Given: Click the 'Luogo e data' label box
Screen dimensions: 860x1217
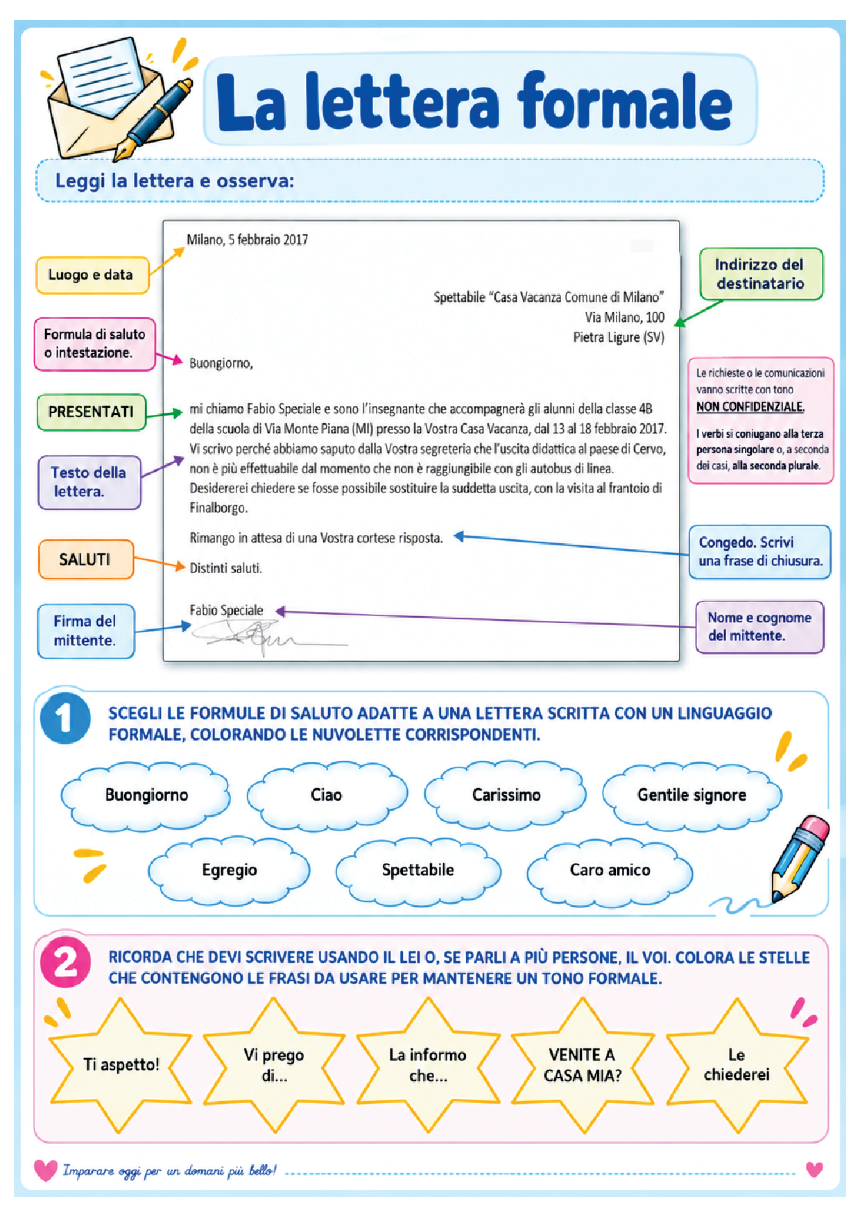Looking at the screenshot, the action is (x=92, y=275).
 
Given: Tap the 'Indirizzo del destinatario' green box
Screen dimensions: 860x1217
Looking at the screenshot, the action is (x=761, y=274).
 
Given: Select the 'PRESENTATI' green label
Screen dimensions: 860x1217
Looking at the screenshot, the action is (x=91, y=412).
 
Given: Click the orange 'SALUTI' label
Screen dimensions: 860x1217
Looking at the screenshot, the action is (x=85, y=559).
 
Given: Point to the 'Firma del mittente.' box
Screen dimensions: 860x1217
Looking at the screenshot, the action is (x=85, y=631).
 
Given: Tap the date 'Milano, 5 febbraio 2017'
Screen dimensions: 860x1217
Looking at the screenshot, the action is (x=248, y=240).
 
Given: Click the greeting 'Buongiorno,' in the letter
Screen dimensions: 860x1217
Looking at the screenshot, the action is (x=221, y=364).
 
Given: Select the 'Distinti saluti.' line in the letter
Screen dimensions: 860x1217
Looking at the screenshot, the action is (x=226, y=568).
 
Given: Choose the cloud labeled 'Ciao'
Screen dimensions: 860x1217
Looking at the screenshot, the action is (x=327, y=796).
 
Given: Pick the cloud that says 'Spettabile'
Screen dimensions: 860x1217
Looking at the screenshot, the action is (x=418, y=871).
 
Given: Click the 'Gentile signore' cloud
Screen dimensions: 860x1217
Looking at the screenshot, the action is (x=692, y=796).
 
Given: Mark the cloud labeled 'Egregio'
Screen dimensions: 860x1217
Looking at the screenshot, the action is (x=230, y=871).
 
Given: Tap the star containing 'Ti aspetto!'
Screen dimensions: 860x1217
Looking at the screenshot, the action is (x=121, y=1065).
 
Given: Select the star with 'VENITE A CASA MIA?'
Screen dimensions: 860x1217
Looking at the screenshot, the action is (x=583, y=1065).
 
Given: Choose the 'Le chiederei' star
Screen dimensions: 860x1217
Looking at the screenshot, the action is (x=737, y=1065).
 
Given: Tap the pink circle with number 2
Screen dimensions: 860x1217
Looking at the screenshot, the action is (x=65, y=962).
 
